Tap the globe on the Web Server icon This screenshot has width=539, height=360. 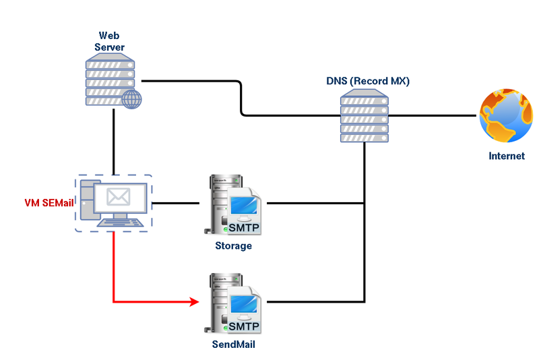click(x=133, y=100)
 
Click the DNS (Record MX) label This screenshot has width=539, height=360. click(x=367, y=81)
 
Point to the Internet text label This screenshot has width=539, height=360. click(x=507, y=156)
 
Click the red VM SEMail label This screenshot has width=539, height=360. click(x=45, y=203)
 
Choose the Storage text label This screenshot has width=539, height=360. click(x=233, y=246)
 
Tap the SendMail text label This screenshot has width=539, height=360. click(x=233, y=344)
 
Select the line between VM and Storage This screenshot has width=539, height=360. click(x=177, y=203)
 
